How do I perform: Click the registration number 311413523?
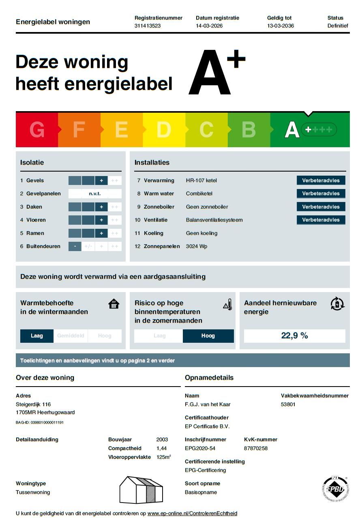pyautogui.click(x=148, y=26)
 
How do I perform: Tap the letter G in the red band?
pyautogui.click(x=37, y=129)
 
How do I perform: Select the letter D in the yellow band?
pyautogui.click(x=164, y=129)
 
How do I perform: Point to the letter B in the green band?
pyautogui.click(x=249, y=129)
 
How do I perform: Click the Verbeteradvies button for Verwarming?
pyautogui.click(x=321, y=181)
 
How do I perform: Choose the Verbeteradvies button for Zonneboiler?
pyautogui.click(x=321, y=207)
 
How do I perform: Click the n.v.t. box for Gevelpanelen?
pyautogui.click(x=95, y=194)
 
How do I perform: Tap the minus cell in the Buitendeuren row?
pyautogui.click(x=75, y=246)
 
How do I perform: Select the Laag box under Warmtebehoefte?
pyautogui.click(x=37, y=336)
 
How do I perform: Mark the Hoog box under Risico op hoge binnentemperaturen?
pyautogui.click(x=208, y=336)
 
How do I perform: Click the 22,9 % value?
pyautogui.click(x=294, y=335)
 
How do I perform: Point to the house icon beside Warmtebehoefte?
pyautogui.click(x=114, y=304)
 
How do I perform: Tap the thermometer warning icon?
pyautogui.click(x=227, y=305)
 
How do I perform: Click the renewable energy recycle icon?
pyautogui.click(x=337, y=304)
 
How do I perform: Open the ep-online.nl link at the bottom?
pyautogui.click(x=192, y=513)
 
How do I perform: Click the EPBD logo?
pyautogui.click(x=335, y=489)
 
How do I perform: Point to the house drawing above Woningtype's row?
pyautogui.click(x=141, y=490)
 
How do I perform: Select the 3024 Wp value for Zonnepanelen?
pyautogui.click(x=197, y=246)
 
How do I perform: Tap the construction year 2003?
pyautogui.click(x=162, y=439)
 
